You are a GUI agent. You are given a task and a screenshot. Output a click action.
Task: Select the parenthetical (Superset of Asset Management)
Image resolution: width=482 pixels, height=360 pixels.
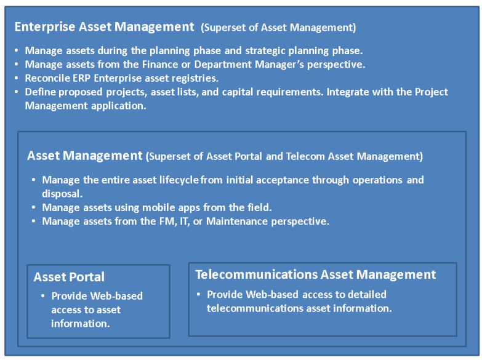pyautogui.click(x=278, y=28)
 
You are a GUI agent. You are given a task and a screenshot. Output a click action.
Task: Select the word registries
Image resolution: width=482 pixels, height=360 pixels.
pyautogui.click(x=196, y=78)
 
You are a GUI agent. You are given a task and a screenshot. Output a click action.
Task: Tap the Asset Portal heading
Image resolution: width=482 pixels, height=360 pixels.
pyautogui.click(x=69, y=277)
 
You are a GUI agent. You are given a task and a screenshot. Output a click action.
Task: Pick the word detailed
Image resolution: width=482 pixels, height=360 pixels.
pyautogui.click(x=366, y=294)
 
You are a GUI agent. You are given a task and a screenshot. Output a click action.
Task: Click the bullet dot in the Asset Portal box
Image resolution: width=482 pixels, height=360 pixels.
pyautogui.click(x=43, y=296)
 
